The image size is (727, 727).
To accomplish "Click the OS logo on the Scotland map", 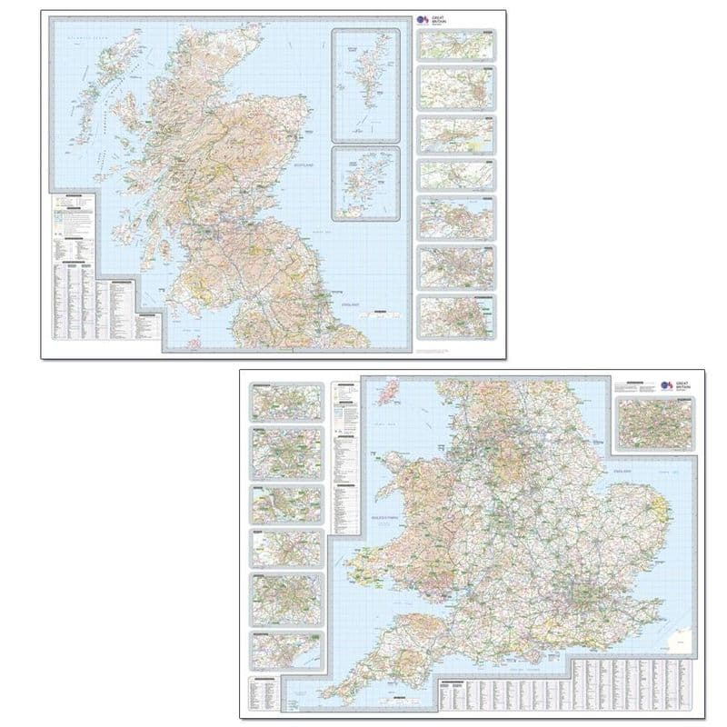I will click(x=421, y=18).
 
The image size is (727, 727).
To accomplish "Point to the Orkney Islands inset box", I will click(x=367, y=183).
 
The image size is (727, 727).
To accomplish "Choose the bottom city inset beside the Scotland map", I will click(x=457, y=314).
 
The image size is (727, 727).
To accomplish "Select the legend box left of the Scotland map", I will click(x=73, y=212).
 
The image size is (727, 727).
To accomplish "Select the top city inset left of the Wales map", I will click(x=287, y=401).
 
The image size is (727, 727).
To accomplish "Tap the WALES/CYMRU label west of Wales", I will click(x=374, y=517).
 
